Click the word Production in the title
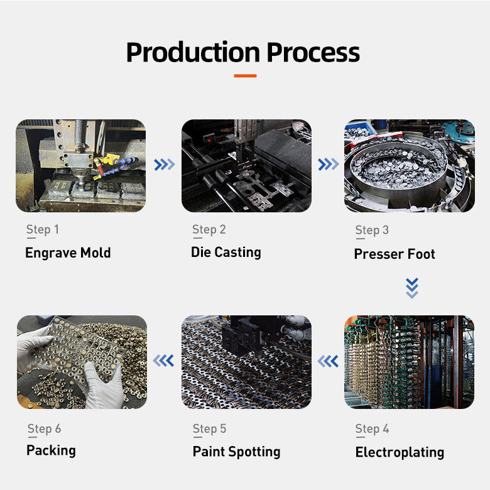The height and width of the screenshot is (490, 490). coord(192,52)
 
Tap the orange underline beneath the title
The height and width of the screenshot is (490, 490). coord(244,75)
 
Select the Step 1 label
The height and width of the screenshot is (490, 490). coord(42,230)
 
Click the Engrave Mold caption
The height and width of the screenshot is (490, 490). coord(68,253)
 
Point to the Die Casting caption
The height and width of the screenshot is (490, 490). coord(226,252)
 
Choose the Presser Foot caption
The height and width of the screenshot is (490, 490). coord(395,254)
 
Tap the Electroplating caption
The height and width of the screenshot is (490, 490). coord(400,452)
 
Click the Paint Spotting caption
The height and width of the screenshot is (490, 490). coord(236,452)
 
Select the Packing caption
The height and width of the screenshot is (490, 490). coord(51,450)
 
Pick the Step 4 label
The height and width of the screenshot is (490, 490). coord(372,429)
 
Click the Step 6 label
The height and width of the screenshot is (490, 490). coord(44,429)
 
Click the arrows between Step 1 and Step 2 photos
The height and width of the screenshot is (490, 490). coord(164,165)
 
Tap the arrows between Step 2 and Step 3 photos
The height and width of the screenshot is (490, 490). coord(328,165)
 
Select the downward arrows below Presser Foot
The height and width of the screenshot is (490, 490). coord(411,287)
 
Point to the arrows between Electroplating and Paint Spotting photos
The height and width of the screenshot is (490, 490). coord(328,361)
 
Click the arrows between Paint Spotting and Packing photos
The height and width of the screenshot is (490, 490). coord(164,361)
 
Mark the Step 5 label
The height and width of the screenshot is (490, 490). coord(209,429)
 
